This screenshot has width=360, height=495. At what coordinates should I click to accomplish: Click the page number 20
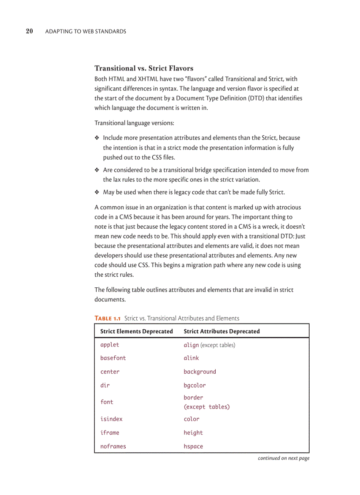coord(30,31)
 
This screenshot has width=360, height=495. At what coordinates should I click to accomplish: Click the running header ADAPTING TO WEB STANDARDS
coord(86,31)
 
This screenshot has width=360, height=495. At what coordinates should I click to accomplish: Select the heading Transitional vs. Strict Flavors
coord(144,68)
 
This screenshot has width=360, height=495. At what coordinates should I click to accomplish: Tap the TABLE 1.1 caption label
coord(108,318)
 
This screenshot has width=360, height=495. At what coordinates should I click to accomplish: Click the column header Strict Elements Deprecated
coord(136,331)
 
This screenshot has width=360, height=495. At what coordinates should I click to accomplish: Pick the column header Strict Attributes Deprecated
coord(221,331)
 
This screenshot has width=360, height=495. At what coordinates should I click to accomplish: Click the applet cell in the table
coord(109,345)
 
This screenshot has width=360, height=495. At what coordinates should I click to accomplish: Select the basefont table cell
coord(113,358)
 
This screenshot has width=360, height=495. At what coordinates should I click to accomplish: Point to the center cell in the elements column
coord(109,372)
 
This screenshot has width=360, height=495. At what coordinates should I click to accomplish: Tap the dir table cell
coord(105,385)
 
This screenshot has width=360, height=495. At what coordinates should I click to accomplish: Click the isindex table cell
coord(111,419)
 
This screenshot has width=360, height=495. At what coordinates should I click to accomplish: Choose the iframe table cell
coord(109,432)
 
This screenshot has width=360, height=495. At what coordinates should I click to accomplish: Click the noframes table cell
coord(113,446)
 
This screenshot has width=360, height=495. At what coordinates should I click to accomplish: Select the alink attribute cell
coord(191,358)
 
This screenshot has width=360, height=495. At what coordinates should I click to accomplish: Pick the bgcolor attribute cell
coord(195,385)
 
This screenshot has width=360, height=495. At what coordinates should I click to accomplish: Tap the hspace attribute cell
coord(193,446)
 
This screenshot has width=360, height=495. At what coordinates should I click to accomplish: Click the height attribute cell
coord(193,432)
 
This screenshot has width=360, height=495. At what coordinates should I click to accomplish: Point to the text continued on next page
coord(283,458)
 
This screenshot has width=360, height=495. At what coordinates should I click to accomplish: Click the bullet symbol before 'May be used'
coord(97,192)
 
